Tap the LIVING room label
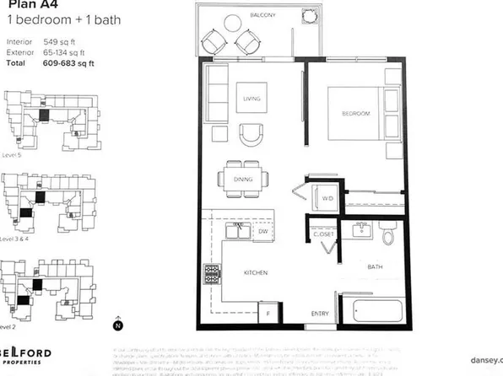coord(250,99)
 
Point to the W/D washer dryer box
coord(327,198)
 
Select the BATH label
coord(376,267)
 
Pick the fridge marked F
coord(268,312)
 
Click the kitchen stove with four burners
coord(210,275)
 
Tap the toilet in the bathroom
coord(387,234)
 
